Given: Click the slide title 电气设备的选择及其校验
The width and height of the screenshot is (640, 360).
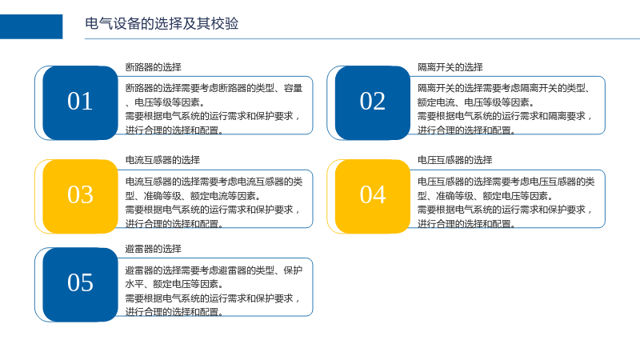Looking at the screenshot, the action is point(162,24).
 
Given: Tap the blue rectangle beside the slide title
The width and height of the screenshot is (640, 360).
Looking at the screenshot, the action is point(31,26).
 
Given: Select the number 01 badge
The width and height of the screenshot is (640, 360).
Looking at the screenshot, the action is point(80,103).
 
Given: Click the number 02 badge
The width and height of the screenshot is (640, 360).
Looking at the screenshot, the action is point(372,103).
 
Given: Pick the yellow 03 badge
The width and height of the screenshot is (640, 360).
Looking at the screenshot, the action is point(80,196).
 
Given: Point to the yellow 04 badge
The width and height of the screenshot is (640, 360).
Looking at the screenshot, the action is point(372,196).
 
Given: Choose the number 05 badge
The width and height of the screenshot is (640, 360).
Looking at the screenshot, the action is point(80,285).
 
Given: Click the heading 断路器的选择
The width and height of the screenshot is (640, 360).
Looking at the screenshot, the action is point(153,67).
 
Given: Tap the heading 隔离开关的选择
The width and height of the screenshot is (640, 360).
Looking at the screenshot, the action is point(450,67).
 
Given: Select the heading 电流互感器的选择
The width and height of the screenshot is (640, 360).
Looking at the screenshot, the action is point(162,160).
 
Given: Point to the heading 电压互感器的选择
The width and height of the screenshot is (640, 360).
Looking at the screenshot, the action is point(454,160).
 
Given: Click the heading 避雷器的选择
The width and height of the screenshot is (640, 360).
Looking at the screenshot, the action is point(153,249).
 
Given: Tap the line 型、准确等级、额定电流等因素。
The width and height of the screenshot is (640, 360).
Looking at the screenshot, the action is point(193,196).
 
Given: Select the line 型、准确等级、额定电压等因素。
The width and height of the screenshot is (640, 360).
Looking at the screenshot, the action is point(486,196).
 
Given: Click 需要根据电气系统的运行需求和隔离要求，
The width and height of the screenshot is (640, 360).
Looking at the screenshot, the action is point(505,116).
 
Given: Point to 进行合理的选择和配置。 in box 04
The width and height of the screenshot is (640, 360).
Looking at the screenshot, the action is point(466,224).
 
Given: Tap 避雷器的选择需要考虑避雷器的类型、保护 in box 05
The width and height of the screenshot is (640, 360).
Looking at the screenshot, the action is point(214,270).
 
